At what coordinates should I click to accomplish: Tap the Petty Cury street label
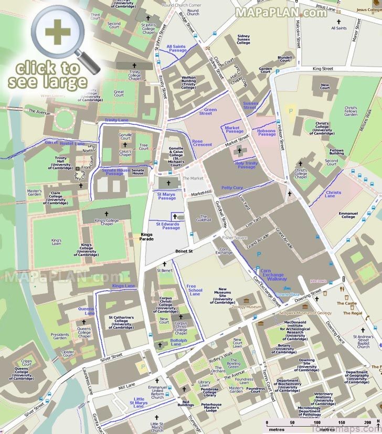(232, 187)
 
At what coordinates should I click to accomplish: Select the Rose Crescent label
(201, 143)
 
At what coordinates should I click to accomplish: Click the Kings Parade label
(146, 237)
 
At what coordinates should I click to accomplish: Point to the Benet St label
(184, 251)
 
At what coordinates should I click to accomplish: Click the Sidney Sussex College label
(243, 39)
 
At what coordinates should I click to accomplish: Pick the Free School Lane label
(195, 290)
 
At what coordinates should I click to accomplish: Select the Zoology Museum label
(246, 306)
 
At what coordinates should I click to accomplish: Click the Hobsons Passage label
(267, 132)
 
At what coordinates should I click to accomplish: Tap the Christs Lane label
(333, 194)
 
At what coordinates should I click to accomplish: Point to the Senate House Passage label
(115, 171)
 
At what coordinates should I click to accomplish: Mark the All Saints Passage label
(177, 48)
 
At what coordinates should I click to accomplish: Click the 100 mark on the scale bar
(316, 422)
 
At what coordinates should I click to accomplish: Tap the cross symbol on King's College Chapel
(105, 214)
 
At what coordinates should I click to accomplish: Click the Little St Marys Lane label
(139, 402)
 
